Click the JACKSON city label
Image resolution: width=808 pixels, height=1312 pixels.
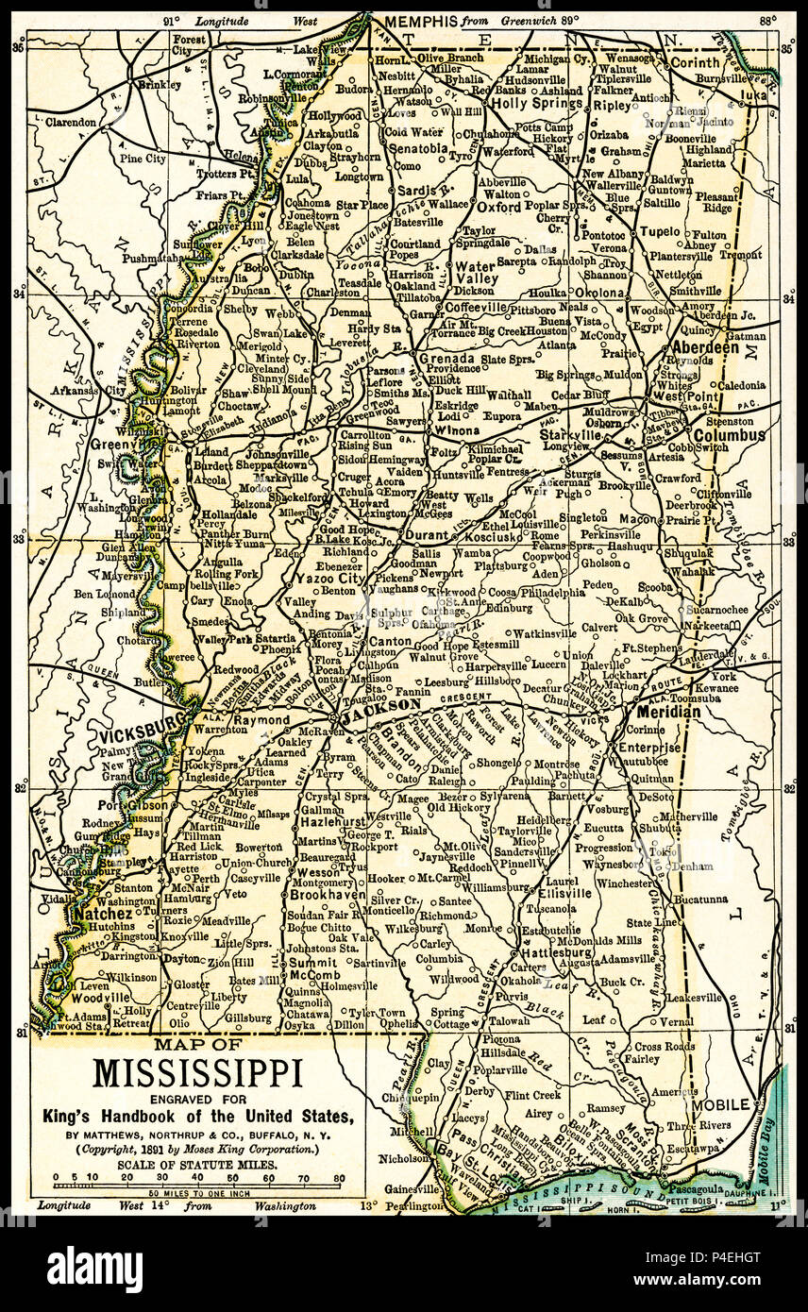(381, 704)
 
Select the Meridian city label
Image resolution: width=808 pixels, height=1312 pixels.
(668, 711)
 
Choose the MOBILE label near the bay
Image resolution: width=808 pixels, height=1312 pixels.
(723, 1103)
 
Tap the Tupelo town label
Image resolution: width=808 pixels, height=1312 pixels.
(660, 231)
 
